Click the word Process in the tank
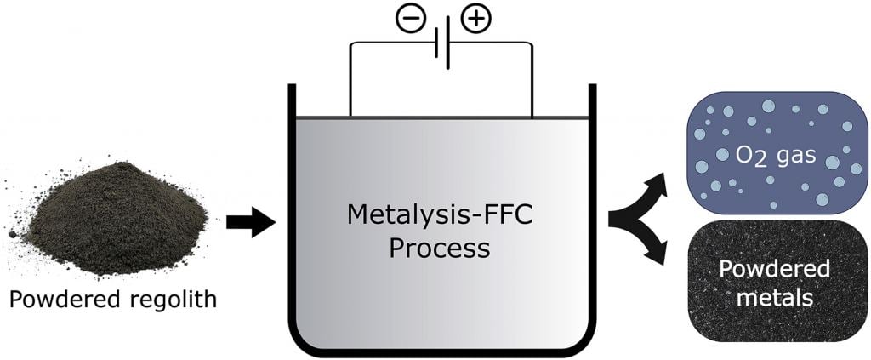(441, 248)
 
